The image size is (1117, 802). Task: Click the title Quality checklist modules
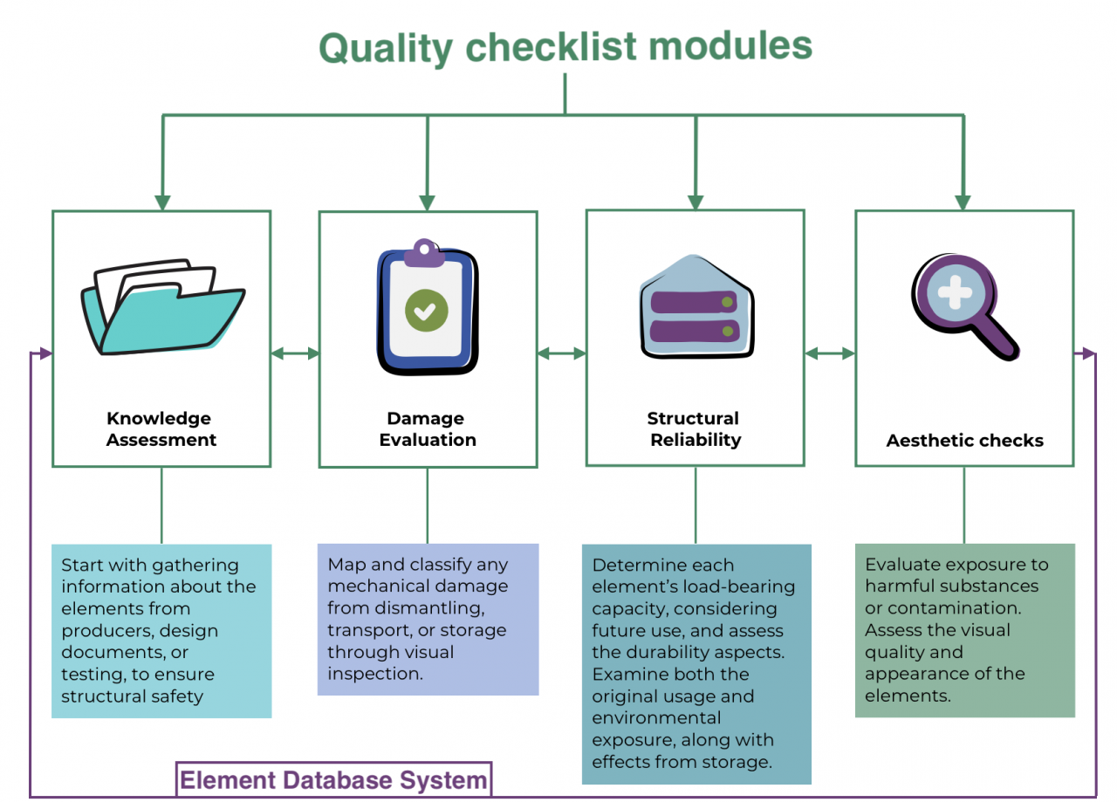[x=565, y=47]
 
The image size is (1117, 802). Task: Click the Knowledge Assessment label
[x=161, y=429]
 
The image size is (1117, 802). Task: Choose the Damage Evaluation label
[x=428, y=429]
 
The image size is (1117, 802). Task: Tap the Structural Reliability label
[x=695, y=429]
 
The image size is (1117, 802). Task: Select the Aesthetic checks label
[x=964, y=441]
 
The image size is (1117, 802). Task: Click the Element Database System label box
[x=334, y=779]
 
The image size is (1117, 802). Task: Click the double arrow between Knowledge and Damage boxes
[x=295, y=353]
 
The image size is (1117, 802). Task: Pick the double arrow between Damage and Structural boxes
[x=561, y=353]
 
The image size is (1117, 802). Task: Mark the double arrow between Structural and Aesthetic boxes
[x=829, y=353]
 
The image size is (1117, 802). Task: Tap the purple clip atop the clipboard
[x=424, y=253]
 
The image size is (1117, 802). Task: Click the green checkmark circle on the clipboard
[x=426, y=310]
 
